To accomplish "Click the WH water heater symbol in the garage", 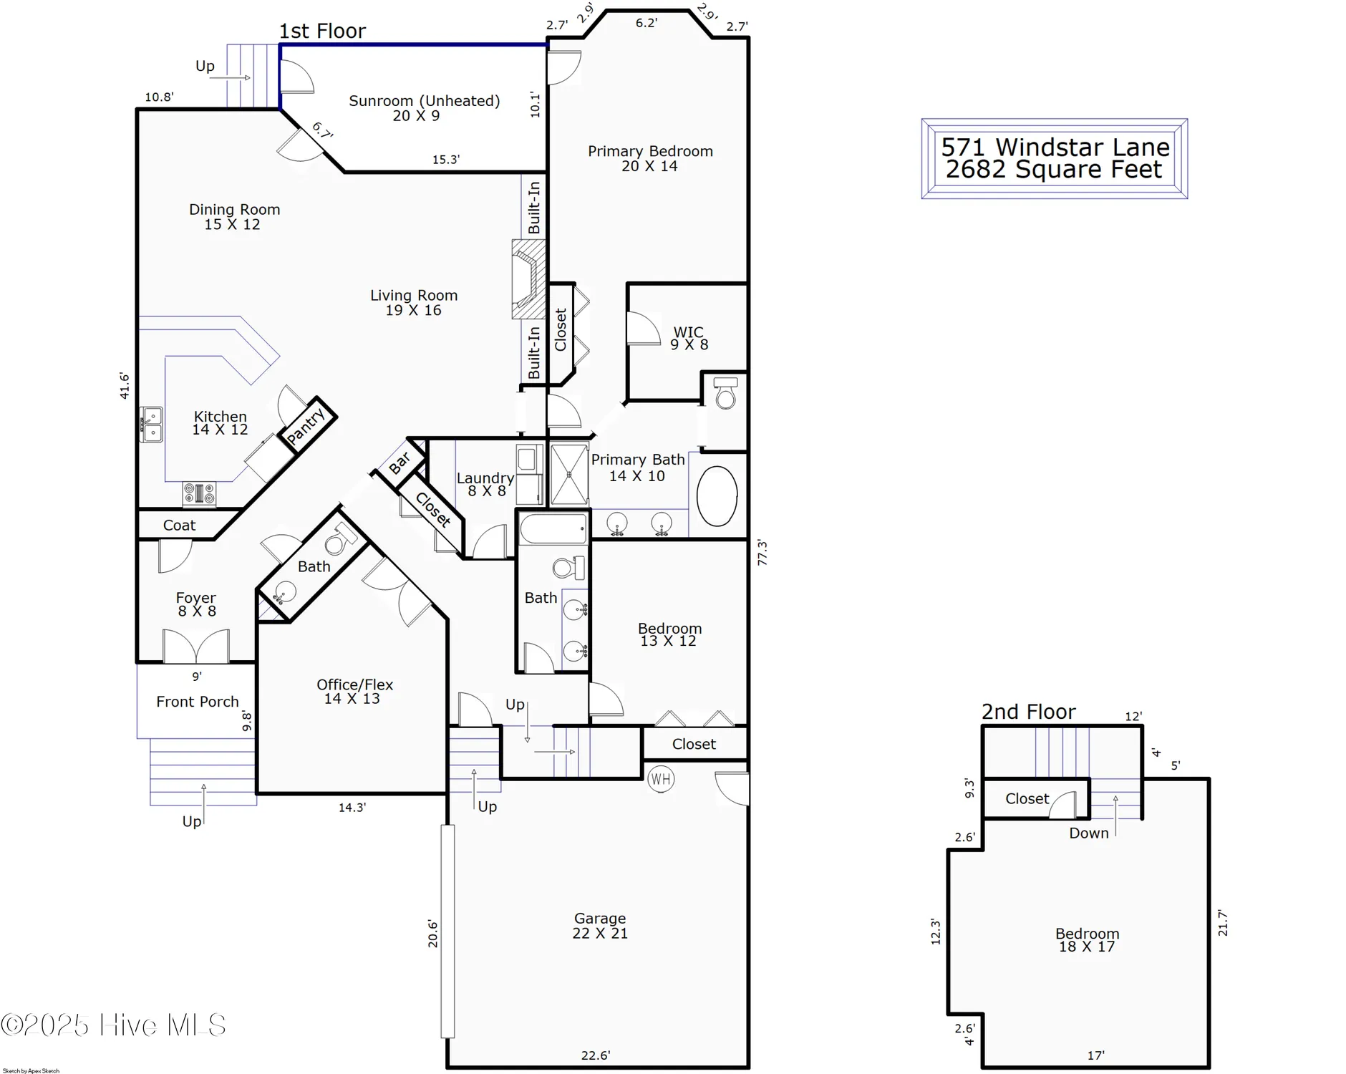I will (x=661, y=779).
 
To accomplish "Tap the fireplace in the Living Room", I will (x=528, y=279).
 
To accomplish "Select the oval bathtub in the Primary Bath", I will (x=717, y=496).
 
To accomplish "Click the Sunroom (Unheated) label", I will (x=424, y=101).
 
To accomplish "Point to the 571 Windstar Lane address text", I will (x=1055, y=147).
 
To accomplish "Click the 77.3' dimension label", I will (x=762, y=553).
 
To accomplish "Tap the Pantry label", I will (x=306, y=425).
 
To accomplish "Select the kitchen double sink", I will (x=151, y=425).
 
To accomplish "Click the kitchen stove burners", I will (x=199, y=493).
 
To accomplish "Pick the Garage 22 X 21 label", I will (x=600, y=926).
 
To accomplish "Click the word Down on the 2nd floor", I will (x=1088, y=833).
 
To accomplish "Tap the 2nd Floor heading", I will (x=1028, y=712).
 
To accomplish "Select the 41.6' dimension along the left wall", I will (x=125, y=385).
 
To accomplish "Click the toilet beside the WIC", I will (x=725, y=393).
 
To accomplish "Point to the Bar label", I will (x=400, y=463).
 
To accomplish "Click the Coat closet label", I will (x=179, y=526).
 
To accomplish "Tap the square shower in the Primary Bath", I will (x=569, y=475).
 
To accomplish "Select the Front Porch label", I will (x=198, y=702).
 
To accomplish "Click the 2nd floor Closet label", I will (x=1027, y=799).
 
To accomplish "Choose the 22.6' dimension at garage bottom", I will (x=595, y=1055).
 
